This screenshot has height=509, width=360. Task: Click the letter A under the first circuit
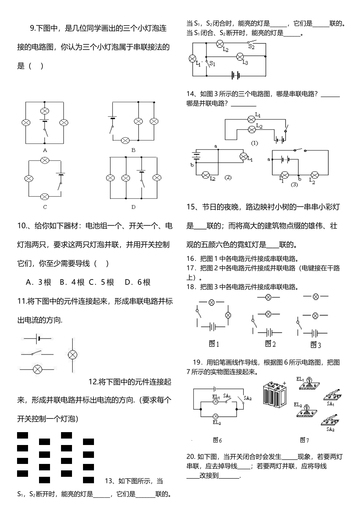tap(45, 150)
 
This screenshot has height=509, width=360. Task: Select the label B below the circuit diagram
tap(133, 150)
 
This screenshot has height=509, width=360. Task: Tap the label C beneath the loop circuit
tap(45, 207)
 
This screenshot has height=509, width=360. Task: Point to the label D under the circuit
tap(133, 207)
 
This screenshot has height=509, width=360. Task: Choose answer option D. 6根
tap(138, 282)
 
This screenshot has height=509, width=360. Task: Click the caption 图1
tap(214, 344)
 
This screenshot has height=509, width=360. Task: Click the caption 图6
tap(217, 440)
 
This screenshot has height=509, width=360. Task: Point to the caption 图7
tap(304, 440)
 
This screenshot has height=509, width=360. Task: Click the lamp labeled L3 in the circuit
tap(240, 56)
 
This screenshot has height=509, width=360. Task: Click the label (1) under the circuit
tap(254, 143)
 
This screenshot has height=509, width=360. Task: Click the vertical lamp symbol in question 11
tap(72, 355)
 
